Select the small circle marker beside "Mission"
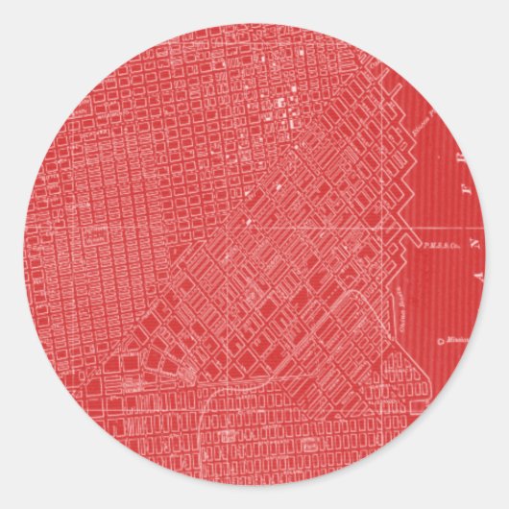coord(439,340)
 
